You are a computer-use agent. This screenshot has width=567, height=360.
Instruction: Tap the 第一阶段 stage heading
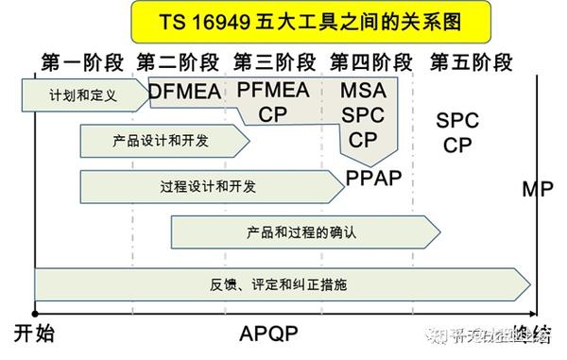(x=82, y=63)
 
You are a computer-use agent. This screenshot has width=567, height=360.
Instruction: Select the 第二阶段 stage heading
(x=179, y=63)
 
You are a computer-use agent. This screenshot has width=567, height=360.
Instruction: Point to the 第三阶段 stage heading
(x=275, y=63)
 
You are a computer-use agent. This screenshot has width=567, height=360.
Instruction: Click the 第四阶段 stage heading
(x=371, y=63)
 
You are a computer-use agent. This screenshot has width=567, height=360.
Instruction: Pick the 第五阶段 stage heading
(x=470, y=63)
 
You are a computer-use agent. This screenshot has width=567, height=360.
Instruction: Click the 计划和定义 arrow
(x=85, y=94)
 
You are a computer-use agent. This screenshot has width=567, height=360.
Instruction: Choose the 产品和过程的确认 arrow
(x=302, y=231)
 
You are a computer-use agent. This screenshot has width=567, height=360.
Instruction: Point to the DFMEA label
(x=184, y=92)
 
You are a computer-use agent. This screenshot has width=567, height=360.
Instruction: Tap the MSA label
(x=363, y=91)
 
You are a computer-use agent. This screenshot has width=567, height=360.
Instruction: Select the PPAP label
(x=374, y=179)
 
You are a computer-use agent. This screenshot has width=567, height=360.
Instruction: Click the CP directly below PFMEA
(x=273, y=114)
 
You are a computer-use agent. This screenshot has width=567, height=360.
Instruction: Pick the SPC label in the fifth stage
(x=458, y=121)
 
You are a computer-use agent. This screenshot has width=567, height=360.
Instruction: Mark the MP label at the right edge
(x=538, y=190)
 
